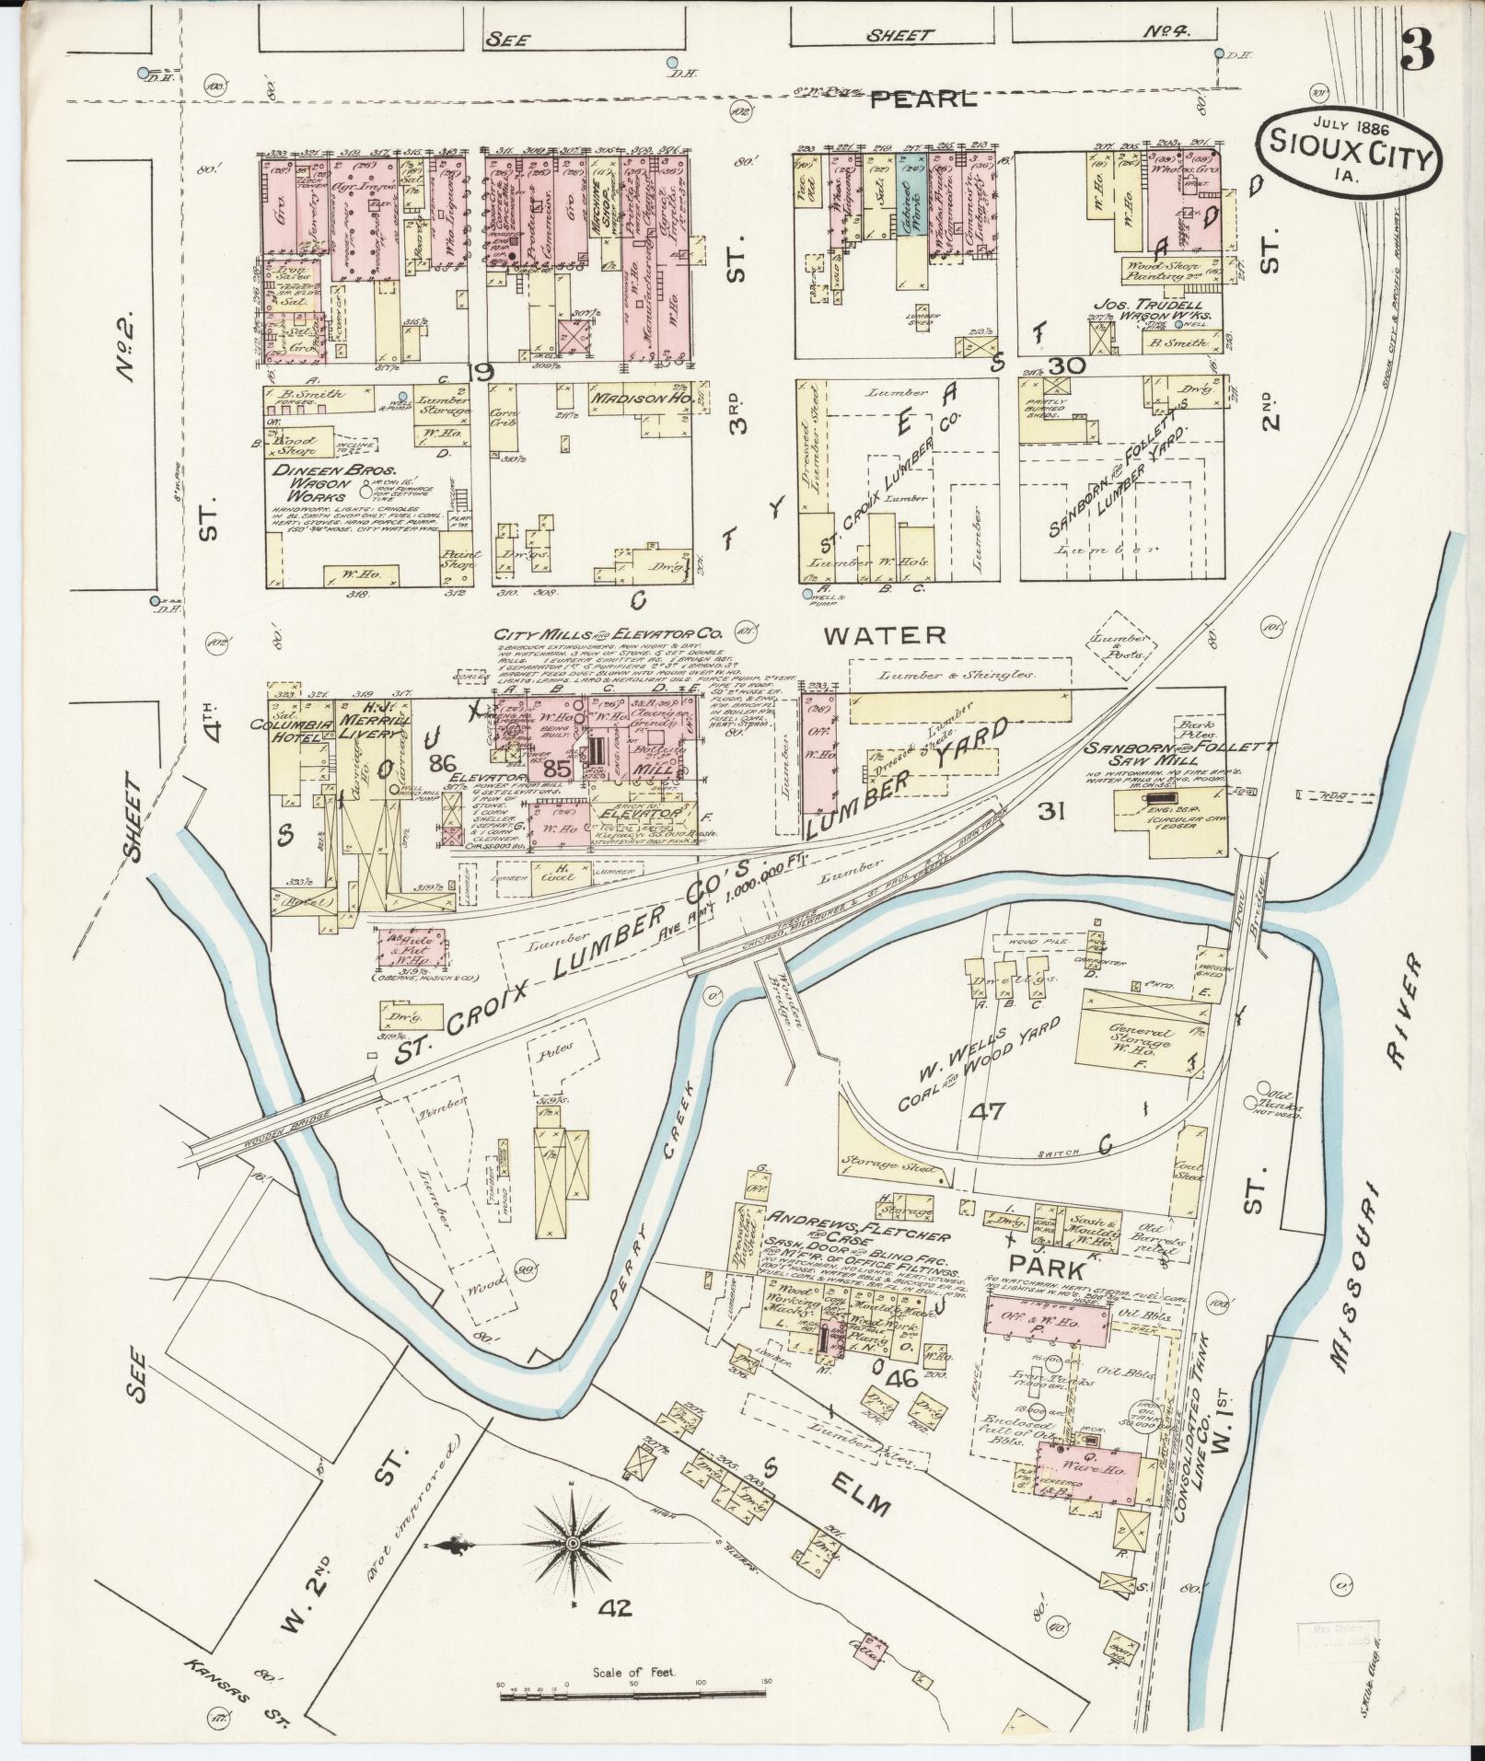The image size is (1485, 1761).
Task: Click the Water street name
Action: point(884,634)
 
